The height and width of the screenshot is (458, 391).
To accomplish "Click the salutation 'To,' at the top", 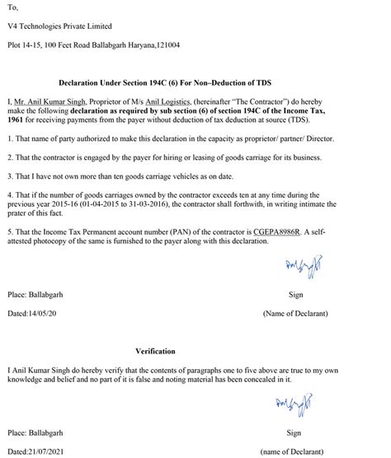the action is [12, 7].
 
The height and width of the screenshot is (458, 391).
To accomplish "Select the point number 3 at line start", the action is [9, 175].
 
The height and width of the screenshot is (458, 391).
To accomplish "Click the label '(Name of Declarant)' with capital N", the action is [295, 314].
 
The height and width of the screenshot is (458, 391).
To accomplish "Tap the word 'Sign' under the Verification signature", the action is [294, 432].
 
